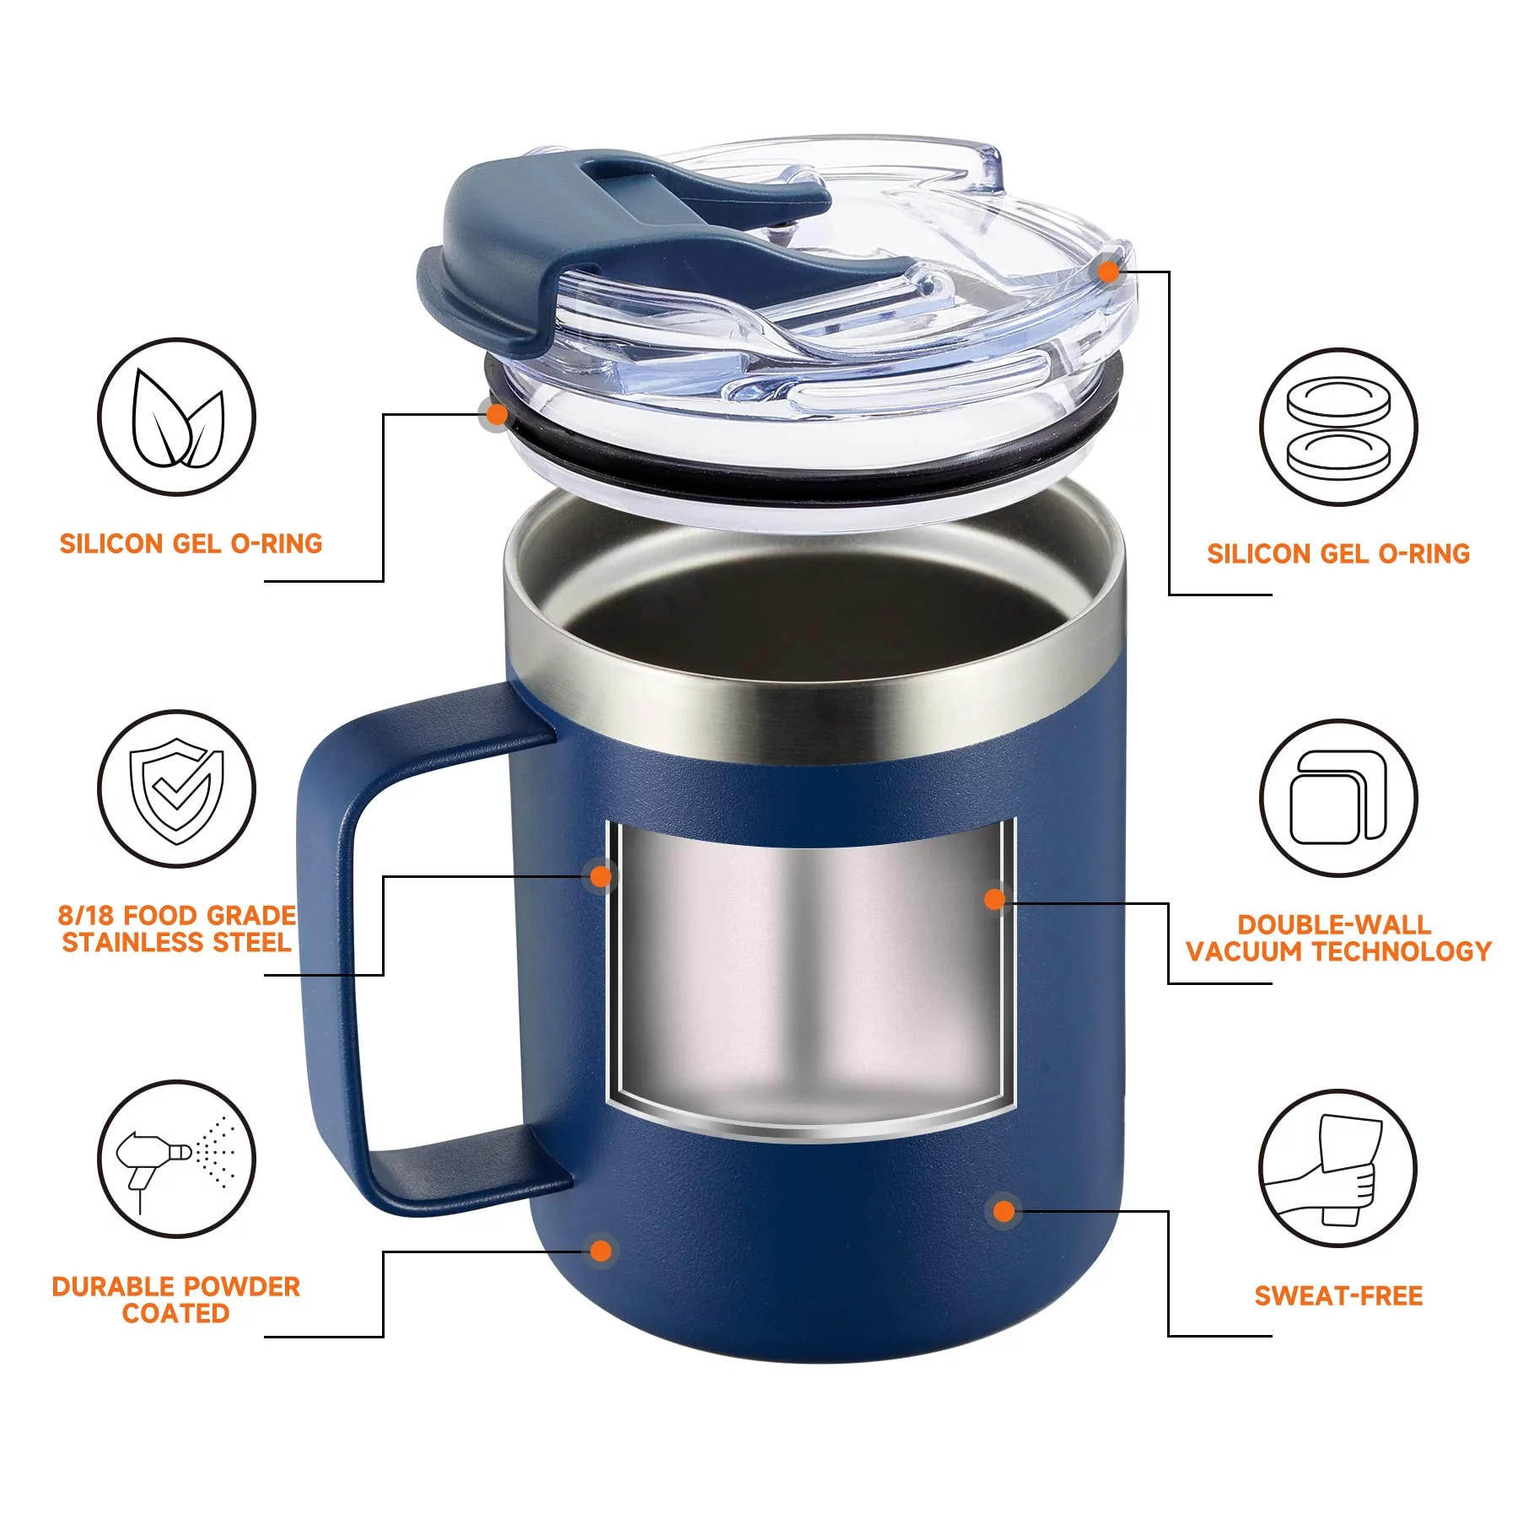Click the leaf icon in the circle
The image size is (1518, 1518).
177,418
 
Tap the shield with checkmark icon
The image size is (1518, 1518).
176,790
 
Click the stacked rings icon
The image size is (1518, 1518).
1338,428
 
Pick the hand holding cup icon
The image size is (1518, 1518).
1324,1171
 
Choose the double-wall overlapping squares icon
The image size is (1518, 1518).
1338,797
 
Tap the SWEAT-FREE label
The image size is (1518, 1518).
1338,1295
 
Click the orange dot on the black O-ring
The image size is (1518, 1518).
498,414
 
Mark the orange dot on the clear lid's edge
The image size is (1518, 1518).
1109,271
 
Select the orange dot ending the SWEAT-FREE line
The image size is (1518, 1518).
1004,1211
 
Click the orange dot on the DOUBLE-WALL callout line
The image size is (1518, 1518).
995,899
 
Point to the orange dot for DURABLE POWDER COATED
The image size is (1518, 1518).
600,1250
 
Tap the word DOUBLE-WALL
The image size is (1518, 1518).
1334,924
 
